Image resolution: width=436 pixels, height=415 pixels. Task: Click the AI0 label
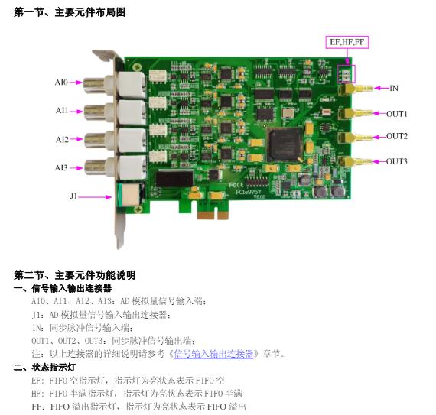click(x=61, y=83)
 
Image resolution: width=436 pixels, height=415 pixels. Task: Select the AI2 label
click(x=62, y=139)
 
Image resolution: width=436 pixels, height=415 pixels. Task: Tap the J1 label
click(x=73, y=196)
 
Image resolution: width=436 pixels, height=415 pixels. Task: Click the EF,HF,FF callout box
click(x=347, y=42)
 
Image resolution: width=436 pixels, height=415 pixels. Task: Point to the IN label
click(x=394, y=89)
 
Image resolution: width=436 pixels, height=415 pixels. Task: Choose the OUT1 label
click(x=397, y=114)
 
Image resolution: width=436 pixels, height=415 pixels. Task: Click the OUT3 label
click(x=397, y=161)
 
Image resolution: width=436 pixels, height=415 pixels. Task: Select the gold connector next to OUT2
click(x=356, y=138)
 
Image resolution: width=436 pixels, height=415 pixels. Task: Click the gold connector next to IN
click(x=356, y=89)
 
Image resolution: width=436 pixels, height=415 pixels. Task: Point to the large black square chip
click(x=285, y=144)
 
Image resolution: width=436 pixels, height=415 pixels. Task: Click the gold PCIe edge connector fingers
click(x=213, y=216)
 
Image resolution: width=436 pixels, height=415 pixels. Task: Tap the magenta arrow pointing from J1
click(x=95, y=197)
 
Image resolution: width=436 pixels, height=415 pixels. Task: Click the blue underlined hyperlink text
click(x=213, y=354)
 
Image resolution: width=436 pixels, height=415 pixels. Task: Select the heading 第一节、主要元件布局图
click(x=70, y=12)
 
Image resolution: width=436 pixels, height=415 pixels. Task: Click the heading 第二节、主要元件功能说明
click(x=74, y=275)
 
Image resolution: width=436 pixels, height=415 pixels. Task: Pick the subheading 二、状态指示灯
click(x=44, y=367)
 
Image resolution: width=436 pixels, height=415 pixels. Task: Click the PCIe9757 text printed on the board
click(x=248, y=192)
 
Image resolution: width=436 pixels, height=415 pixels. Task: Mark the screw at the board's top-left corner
click(x=137, y=67)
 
